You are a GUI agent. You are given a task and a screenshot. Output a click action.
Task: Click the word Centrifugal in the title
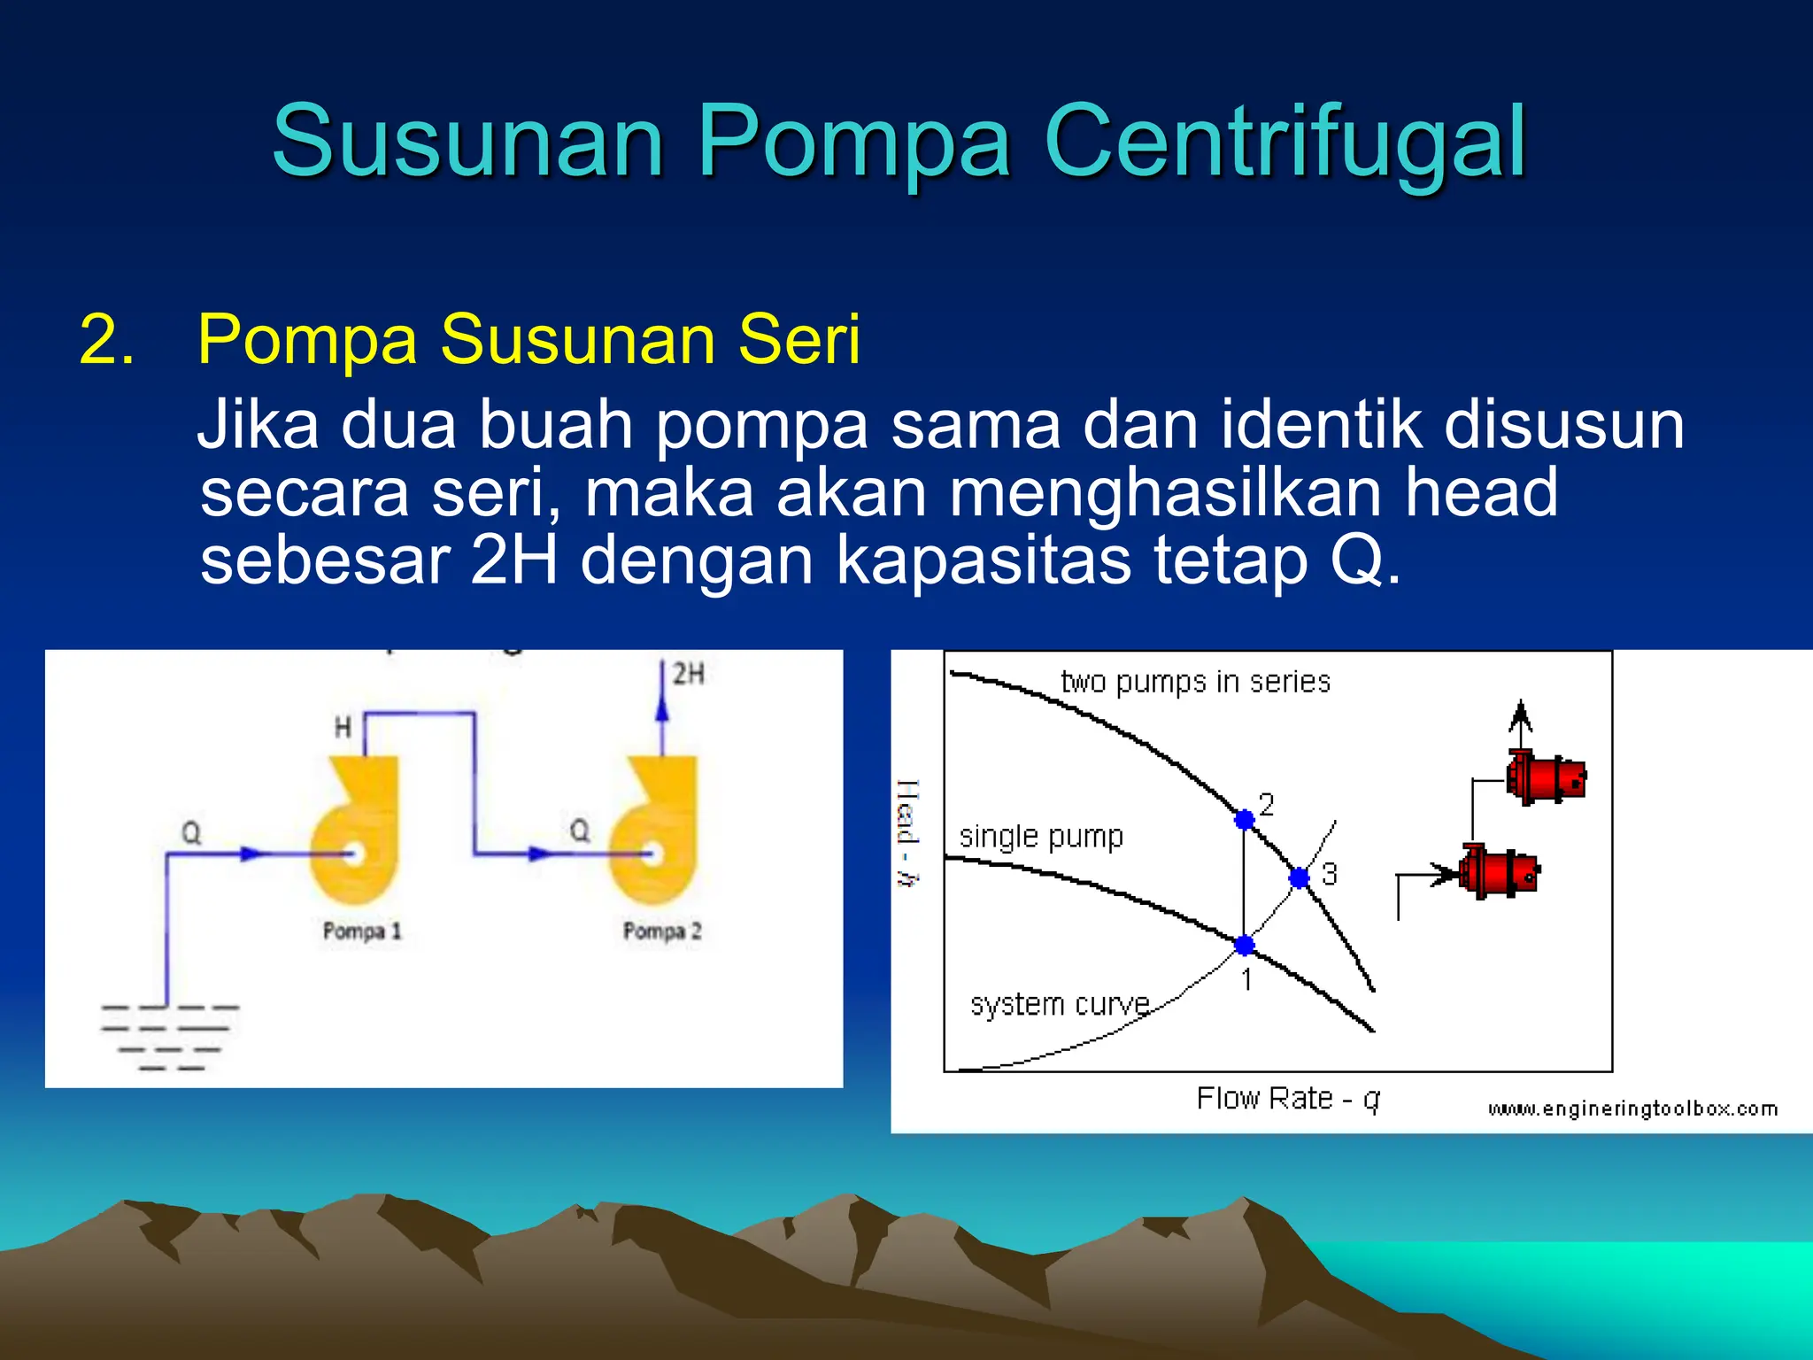(1285, 142)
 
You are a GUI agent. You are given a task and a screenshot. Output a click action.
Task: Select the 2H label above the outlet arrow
(688, 674)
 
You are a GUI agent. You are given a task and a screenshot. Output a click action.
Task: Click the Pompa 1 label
(362, 931)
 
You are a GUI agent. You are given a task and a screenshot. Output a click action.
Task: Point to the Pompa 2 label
(662, 931)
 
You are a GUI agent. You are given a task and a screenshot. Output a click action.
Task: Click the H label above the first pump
(343, 728)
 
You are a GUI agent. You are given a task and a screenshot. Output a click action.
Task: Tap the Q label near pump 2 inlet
(579, 831)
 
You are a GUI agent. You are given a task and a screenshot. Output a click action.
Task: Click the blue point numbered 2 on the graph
(1244, 819)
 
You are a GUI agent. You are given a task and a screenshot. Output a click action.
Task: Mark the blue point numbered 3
(1299, 877)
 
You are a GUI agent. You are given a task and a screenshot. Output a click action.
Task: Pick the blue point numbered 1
(1244, 945)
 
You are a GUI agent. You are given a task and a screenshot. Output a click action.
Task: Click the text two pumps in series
(1195, 682)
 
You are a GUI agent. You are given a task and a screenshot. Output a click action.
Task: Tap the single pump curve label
(1041, 836)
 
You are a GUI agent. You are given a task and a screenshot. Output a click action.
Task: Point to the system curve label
(1060, 1004)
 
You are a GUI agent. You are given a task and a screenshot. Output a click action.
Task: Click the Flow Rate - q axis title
(1288, 1099)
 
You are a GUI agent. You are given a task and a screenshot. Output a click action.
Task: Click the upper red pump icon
(1547, 778)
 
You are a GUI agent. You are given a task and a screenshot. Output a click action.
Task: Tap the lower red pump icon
(1499, 872)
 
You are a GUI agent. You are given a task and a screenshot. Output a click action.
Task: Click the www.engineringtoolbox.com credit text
(1632, 1109)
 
